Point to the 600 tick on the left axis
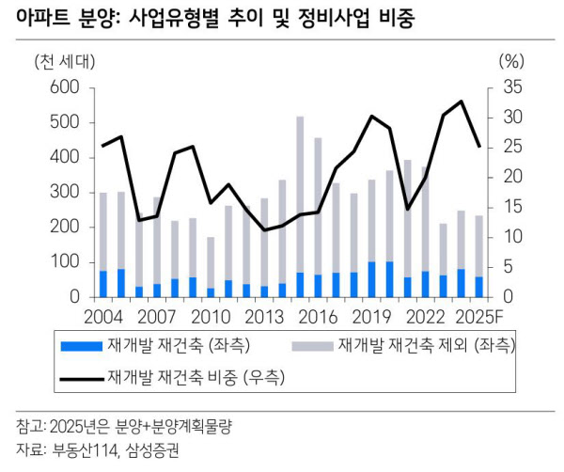(63, 87)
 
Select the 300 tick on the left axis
(63, 193)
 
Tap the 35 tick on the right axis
(508, 87)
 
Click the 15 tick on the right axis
(508, 207)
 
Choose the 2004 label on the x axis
(103, 316)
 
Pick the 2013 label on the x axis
(264, 316)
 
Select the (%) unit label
(509, 62)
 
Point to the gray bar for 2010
(211, 262)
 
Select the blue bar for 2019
(371, 279)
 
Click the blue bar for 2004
(103, 283)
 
